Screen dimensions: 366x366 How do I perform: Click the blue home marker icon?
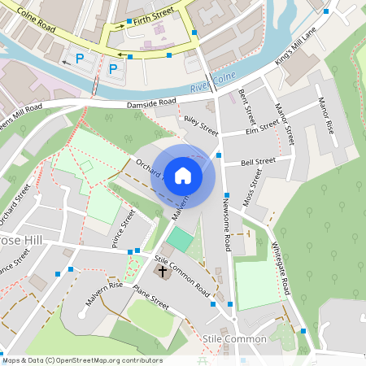tap(183, 176)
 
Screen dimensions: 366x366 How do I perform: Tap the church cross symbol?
tap(163, 270)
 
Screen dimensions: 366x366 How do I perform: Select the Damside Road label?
tap(151, 103)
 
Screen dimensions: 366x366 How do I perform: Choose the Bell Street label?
tap(259, 162)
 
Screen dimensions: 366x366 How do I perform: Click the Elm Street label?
tap(262, 127)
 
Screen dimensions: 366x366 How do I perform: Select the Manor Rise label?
tap(326, 117)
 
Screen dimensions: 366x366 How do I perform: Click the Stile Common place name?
tap(235, 338)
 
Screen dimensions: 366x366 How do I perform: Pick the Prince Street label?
tap(122, 230)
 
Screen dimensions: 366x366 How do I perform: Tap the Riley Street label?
tap(201, 124)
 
